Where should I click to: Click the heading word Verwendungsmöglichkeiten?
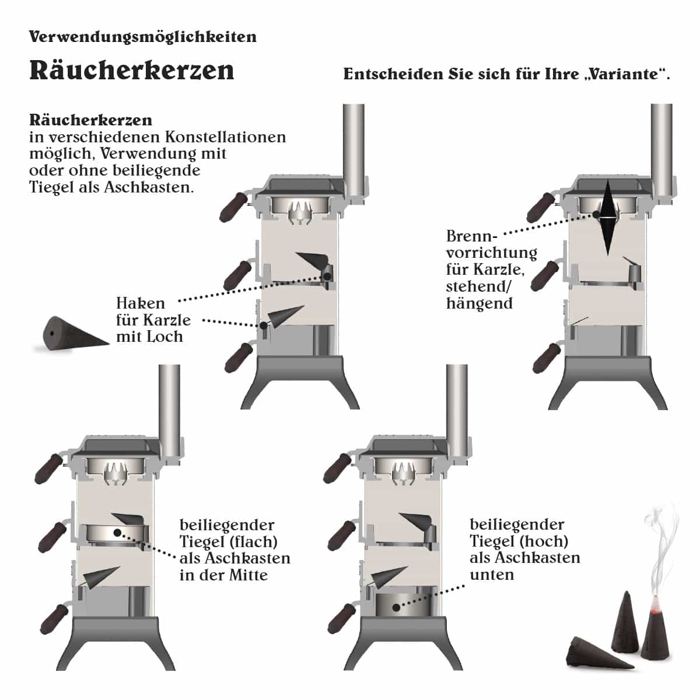coord(143,37)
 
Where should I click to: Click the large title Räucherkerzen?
coord(132,71)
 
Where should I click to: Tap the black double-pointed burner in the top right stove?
coord(607,218)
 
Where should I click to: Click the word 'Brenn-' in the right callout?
coord(471,236)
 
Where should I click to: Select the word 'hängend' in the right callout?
coord(480,303)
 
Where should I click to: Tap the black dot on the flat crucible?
coord(117,533)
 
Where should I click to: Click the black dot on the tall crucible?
coord(396,607)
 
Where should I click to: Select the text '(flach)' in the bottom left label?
coord(254,541)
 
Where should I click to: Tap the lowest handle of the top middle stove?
coord(239,358)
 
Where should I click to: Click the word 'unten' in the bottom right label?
coord(492,575)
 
